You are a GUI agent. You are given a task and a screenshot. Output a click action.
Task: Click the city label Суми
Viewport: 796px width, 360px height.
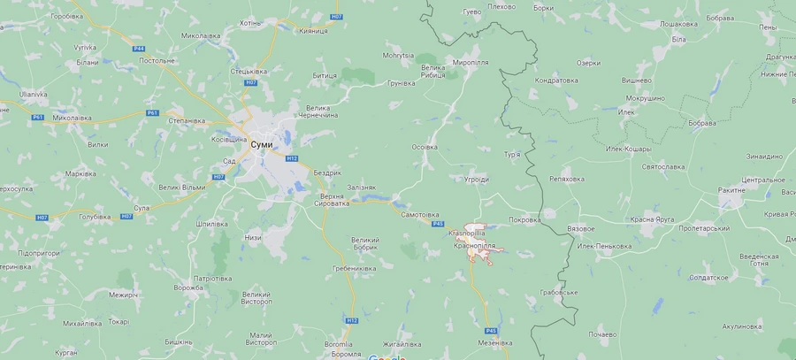(261, 144)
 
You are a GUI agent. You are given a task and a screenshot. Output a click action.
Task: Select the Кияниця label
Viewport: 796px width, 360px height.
(313, 30)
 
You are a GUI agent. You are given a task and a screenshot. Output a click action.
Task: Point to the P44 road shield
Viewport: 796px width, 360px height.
(139, 48)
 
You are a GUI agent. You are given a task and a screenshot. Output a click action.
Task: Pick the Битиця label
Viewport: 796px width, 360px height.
(325, 75)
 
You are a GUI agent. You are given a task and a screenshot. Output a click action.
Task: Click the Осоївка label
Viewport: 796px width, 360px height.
(425, 147)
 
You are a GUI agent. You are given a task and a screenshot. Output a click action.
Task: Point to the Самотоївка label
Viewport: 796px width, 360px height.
(421, 215)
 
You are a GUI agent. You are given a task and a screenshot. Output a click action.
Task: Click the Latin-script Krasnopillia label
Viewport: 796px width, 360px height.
(471, 232)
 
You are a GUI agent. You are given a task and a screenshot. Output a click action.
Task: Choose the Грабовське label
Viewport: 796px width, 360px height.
(558, 292)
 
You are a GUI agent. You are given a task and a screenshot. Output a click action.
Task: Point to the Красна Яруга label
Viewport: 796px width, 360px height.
(654, 218)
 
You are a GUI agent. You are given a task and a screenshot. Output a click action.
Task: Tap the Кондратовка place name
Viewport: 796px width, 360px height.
(557, 80)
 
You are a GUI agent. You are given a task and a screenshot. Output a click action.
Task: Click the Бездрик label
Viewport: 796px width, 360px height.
(326, 172)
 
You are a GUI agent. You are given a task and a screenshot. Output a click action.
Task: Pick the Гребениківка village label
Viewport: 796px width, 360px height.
(355, 268)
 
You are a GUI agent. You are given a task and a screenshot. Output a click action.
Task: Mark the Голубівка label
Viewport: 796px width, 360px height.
(95, 216)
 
